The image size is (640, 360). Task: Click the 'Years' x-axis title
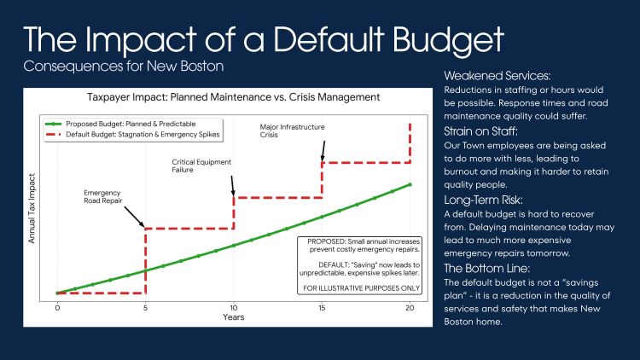pos(233,317)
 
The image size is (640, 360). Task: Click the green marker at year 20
pos(410,184)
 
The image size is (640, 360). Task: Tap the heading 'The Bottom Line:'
pos(480,268)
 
